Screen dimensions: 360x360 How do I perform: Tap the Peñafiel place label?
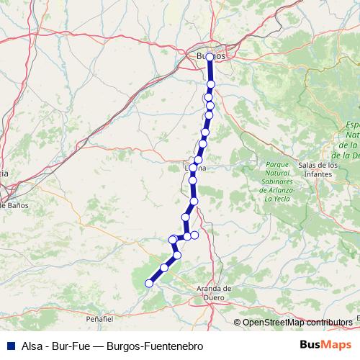tap(100, 318)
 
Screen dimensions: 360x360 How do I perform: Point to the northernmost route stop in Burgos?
tap(210, 57)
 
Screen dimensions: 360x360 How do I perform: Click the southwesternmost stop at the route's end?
tap(150, 283)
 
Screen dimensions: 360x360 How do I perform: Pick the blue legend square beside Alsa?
tap(10, 346)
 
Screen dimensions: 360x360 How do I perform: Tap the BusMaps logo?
tap(325, 345)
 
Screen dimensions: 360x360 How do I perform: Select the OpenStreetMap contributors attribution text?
tap(297, 322)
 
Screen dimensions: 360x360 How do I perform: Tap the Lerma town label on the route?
tap(195, 168)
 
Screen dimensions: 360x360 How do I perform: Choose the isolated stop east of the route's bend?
tap(194, 235)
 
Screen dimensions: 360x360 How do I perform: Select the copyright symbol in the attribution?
tap(237, 322)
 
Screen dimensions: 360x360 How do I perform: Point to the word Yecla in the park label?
tap(279, 198)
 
